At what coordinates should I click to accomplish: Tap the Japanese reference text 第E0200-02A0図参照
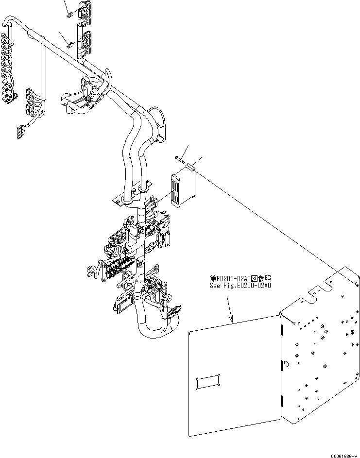(240, 278)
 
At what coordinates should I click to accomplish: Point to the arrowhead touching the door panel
(233, 320)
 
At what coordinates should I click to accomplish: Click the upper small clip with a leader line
(69, 14)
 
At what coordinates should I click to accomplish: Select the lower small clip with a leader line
(70, 45)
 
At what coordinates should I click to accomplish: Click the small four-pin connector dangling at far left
(21, 130)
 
